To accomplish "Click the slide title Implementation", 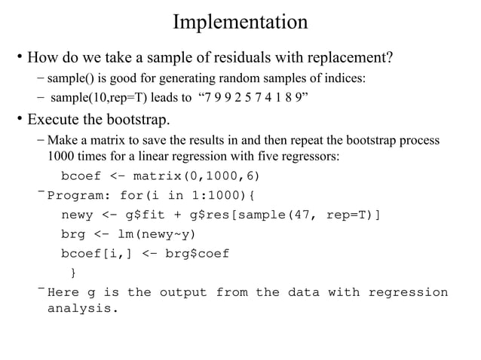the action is point(240,22).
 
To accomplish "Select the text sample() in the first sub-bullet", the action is point(67,78).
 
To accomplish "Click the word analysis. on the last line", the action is point(84,308).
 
